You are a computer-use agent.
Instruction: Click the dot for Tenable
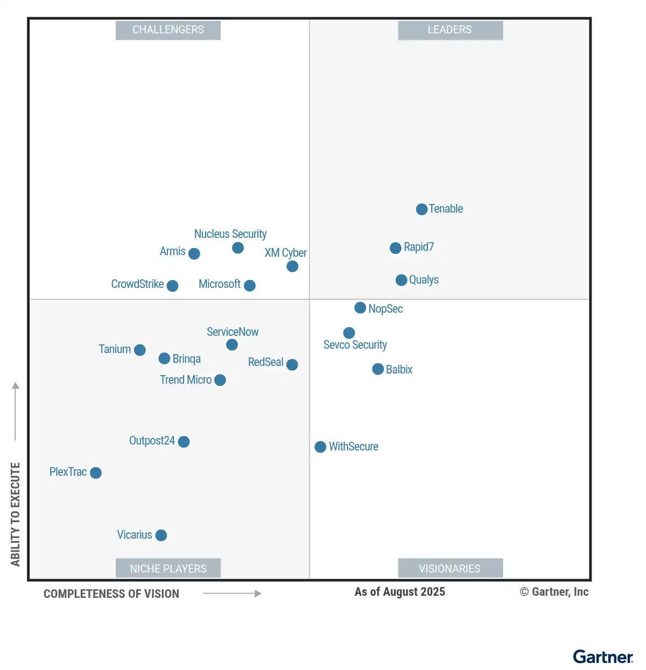coord(422,209)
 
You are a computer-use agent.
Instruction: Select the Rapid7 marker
coord(395,248)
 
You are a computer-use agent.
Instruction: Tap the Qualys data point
coord(401,280)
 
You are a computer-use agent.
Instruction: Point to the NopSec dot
coord(360,308)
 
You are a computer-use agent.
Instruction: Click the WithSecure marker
coord(320,447)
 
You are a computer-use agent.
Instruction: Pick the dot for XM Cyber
coord(292,266)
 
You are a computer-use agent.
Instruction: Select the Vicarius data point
coord(161,535)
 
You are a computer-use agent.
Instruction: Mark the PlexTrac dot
coord(96,472)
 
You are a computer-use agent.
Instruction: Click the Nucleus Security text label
coord(230,234)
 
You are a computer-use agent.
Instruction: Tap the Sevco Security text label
coord(355,345)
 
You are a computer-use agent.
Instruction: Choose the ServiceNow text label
coord(233,332)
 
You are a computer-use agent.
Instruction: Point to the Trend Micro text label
coord(186,380)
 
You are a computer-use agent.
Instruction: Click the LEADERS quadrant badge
coord(450,30)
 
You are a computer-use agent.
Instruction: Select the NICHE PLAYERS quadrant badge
coord(168,568)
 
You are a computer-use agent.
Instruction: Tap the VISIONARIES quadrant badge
coord(450,568)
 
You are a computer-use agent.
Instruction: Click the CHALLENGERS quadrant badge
coord(168,30)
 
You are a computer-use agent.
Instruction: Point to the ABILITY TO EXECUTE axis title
coord(16,514)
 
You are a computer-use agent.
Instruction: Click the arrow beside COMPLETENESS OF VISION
coord(232,594)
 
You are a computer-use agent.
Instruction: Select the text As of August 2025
coord(399,592)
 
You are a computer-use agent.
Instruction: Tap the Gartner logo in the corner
coord(603,657)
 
